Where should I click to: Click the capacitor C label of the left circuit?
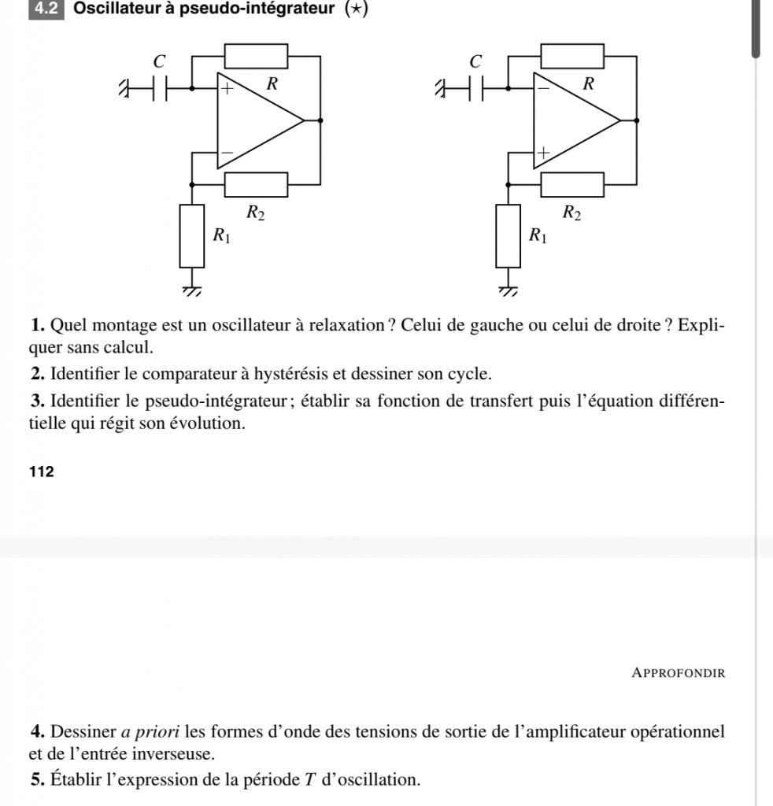tap(161, 61)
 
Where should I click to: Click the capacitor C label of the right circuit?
tap(475, 61)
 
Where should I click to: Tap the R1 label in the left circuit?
tap(222, 235)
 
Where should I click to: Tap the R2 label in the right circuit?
tap(571, 212)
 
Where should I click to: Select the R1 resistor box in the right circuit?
tap(509, 235)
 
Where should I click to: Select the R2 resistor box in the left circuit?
tap(256, 184)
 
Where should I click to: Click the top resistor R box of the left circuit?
tap(256, 57)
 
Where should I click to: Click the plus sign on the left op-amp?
tap(227, 89)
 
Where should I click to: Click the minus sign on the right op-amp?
tap(542, 88)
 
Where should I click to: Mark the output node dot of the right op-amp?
tap(636, 120)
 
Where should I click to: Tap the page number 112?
tap(42, 472)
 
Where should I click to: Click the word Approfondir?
tap(678, 673)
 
